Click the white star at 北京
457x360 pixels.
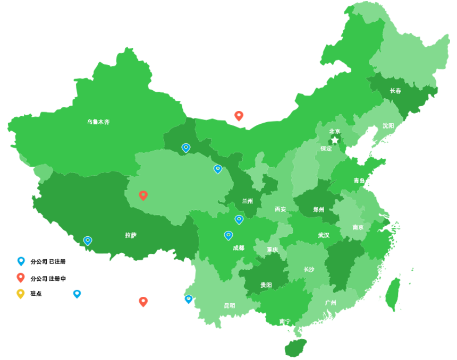pyautogui.click(x=335, y=140)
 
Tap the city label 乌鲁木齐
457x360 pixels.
pyautogui.click(x=98, y=122)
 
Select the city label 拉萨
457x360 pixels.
pyautogui.click(x=131, y=235)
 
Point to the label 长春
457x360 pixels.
pyautogui.click(x=395, y=91)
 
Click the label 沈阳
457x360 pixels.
pyautogui.click(x=388, y=126)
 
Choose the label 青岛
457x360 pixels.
pyautogui.click(x=359, y=181)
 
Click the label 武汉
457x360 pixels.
pyautogui.click(x=324, y=235)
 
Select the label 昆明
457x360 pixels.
pyautogui.click(x=229, y=305)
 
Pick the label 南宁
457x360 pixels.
pyautogui.click(x=285, y=321)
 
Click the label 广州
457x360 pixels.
pyautogui.click(x=330, y=303)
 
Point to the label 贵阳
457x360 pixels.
pyautogui.click(x=266, y=285)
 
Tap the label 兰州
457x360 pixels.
pyautogui.click(x=248, y=201)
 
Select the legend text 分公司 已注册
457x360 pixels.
pyautogui.click(x=48, y=261)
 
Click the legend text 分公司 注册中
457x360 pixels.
pyautogui.click(x=48, y=278)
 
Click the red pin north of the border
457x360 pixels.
pyautogui.click(x=239, y=115)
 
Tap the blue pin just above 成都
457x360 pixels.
pyautogui.click(x=228, y=235)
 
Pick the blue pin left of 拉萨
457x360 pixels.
pyautogui.click(x=88, y=240)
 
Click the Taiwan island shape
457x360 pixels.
pyautogui.click(x=393, y=294)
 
